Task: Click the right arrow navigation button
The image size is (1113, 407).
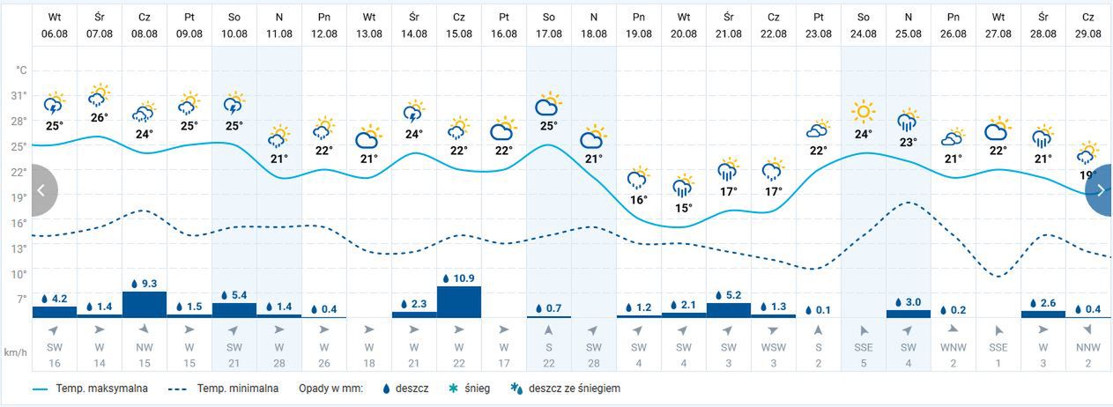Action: click(x=1101, y=190)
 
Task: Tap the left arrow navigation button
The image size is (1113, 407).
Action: click(x=42, y=190)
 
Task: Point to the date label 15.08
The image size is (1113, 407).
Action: click(x=458, y=33)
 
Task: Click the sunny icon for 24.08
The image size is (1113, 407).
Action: click(x=864, y=112)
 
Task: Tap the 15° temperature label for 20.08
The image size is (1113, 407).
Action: click(x=683, y=209)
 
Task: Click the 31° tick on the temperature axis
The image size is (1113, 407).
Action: click(x=19, y=95)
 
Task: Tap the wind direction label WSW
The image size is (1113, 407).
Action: click(x=773, y=348)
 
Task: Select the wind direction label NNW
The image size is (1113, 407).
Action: click(x=1089, y=348)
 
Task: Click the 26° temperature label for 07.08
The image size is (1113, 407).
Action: click(x=99, y=118)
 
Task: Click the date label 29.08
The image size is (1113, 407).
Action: click(x=1089, y=33)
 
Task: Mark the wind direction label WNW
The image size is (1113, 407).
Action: click(x=953, y=348)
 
